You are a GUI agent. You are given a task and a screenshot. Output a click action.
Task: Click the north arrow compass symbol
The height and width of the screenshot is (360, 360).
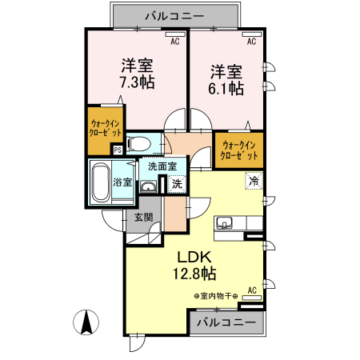pyautogui.click(x=86, y=324)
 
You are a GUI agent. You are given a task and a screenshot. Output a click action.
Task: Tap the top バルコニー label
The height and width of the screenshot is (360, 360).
pyautogui.click(x=175, y=15)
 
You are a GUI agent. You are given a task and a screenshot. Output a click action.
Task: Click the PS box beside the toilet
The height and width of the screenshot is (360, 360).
pyautogui.click(x=118, y=149)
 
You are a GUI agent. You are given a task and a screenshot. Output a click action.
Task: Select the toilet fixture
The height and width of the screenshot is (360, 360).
pyautogui.click(x=137, y=144)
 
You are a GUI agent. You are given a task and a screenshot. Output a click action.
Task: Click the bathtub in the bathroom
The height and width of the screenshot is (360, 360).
pyautogui.click(x=101, y=182)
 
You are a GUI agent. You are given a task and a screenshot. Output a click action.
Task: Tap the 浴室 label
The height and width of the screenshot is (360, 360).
pyautogui.click(x=123, y=182)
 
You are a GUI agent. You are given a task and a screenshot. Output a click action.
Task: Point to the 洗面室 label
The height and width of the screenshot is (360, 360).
pyautogui.click(x=162, y=167)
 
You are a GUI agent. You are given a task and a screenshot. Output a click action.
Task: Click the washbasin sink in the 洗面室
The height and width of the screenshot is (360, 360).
pyautogui.click(x=149, y=186)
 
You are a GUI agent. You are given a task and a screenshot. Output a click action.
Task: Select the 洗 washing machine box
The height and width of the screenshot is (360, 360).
pyautogui.click(x=176, y=184)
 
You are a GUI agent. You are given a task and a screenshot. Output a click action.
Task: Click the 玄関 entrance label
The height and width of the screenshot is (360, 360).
pyautogui.click(x=143, y=218)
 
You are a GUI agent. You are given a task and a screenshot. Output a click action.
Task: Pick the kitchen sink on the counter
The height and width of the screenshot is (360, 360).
pyautogui.click(x=224, y=223)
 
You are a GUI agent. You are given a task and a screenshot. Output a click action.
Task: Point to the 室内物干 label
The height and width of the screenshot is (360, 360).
pyautogui.click(x=216, y=295)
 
